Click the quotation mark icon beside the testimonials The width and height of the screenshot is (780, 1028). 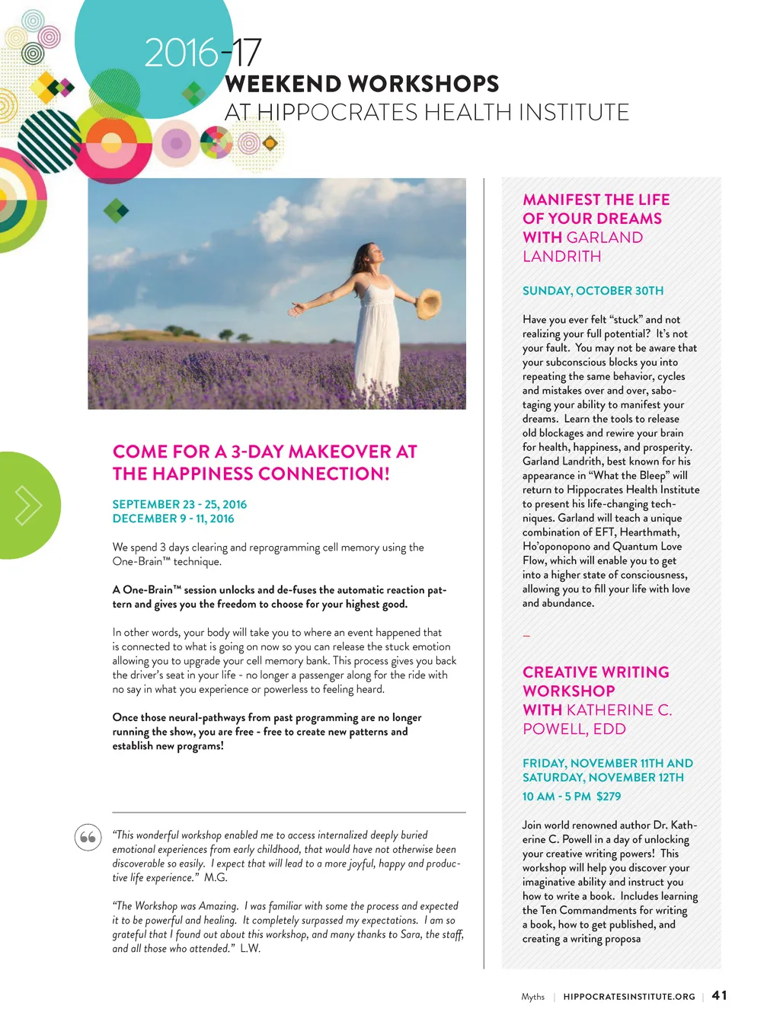coord(88,838)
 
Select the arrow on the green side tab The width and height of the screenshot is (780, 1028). coord(28,505)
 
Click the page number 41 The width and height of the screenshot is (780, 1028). coord(719,995)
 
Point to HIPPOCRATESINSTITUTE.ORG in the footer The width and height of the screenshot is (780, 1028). coord(629,997)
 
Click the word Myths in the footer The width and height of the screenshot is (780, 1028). coord(532,997)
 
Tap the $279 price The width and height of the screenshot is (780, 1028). coord(609,797)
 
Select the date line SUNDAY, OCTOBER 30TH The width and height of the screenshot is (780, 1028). coord(593,291)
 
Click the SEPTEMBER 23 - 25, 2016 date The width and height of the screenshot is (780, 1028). coord(179,504)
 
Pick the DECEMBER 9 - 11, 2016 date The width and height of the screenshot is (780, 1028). coord(173,519)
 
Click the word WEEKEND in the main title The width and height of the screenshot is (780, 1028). coord(283,84)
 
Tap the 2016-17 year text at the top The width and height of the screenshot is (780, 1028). coord(202,53)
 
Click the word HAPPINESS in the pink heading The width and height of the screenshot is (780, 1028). coord(204,474)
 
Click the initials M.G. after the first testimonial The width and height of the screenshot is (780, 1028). coord(216,878)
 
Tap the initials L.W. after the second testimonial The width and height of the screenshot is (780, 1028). coord(250,949)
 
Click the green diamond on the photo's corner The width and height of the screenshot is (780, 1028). coord(116,209)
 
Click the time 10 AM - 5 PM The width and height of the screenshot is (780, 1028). coord(556,797)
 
